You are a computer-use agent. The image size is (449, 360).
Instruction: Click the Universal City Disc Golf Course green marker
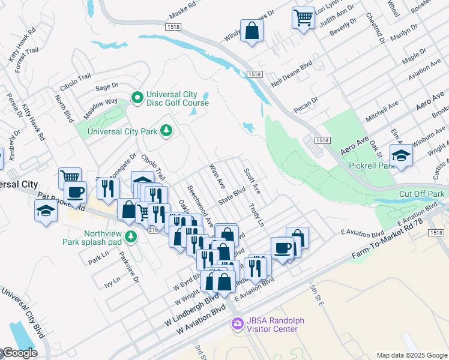point(137,97)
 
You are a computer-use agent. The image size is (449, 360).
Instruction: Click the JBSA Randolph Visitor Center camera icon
point(237,324)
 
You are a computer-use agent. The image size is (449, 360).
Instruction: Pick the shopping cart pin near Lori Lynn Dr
point(303,17)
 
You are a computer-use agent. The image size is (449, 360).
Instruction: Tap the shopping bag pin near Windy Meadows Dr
point(251,30)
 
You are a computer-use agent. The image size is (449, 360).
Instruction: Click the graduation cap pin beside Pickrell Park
point(400,155)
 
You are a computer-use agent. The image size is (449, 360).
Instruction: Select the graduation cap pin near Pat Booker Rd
point(46,211)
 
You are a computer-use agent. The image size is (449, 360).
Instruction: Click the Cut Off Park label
point(421,194)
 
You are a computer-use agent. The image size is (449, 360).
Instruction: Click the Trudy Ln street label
point(256,215)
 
